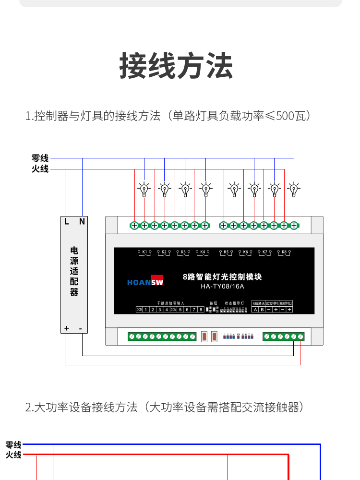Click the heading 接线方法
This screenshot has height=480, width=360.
176,66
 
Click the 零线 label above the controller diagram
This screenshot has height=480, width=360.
40,158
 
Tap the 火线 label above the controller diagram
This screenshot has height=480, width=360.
40,169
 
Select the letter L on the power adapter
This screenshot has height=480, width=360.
67,221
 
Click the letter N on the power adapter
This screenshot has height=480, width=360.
82,221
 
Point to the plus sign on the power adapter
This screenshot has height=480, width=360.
66,328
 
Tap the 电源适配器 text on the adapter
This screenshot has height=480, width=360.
74,271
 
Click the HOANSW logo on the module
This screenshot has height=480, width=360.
145,281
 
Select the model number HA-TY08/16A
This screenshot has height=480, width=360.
222,287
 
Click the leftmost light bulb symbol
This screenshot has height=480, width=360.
144,190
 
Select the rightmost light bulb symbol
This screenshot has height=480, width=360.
294,190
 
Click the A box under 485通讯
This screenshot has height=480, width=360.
255,310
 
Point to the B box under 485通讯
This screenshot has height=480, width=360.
262,310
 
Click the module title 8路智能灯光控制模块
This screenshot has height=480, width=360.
222,277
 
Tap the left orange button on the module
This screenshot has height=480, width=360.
204,336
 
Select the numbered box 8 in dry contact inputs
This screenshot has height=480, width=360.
201,310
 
